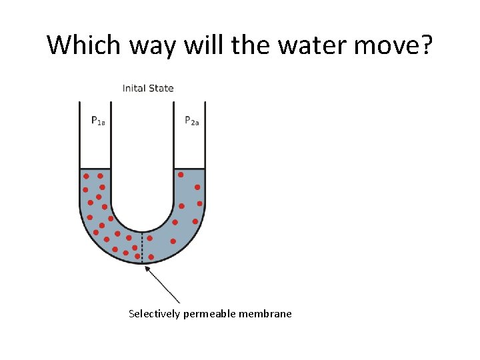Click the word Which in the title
pyautogui.click(x=81, y=45)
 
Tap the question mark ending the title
pyautogui.click(x=426, y=45)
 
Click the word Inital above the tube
pyautogui.click(x=136, y=88)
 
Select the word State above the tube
pyautogui.click(x=163, y=88)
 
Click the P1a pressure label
pyautogui.click(x=97, y=121)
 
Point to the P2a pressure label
pyautogui.click(x=191, y=121)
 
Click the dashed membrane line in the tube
pyautogui.click(x=142, y=247)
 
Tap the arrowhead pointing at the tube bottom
pyautogui.click(x=147, y=268)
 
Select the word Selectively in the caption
pyautogui.click(x=153, y=313)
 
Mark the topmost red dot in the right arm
pyautogui.click(x=181, y=175)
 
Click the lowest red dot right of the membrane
pyautogui.click(x=151, y=257)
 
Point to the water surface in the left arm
pyautogui.click(x=95, y=169)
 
